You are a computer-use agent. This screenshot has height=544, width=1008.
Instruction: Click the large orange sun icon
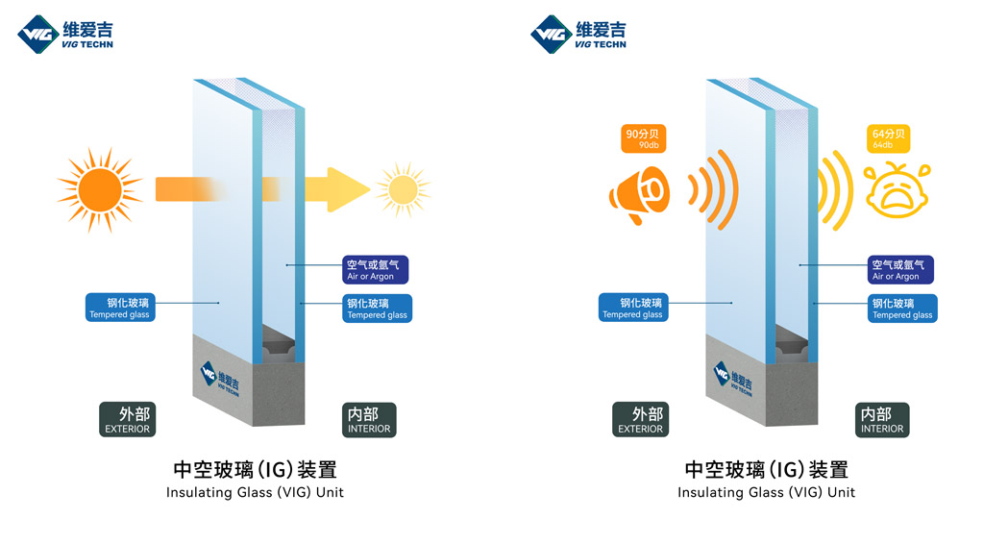(x=100, y=187)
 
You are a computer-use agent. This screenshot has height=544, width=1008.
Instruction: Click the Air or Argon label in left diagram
(x=377, y=269)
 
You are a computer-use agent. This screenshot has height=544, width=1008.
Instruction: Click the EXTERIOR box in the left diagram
(x=128, y=419)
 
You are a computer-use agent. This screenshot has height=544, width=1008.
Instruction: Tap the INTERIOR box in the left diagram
(x=369, y=420)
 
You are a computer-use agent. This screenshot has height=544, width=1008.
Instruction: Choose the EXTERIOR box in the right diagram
(x=640, y=419)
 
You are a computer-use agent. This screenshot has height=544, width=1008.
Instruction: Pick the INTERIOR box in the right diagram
(x=882, y=420)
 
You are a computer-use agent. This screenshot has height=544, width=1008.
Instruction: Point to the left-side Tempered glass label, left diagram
(x=119, y=308)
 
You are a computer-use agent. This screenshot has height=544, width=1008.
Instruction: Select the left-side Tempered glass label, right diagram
(x=632, y=308)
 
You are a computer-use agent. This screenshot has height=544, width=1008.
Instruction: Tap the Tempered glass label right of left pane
(x=377, y=309)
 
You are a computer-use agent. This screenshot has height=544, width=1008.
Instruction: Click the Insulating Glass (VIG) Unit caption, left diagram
(x=255, y=492)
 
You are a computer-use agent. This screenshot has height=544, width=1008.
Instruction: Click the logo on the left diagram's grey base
(x=220, y=379)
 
